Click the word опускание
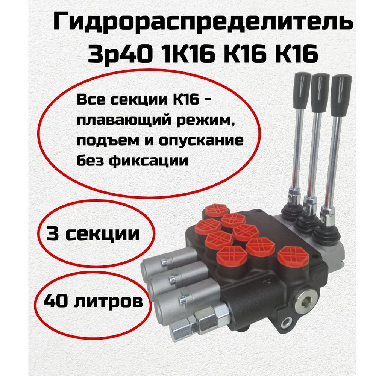(201, 141)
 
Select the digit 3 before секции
(53, 233)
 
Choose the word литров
(108, 301)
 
